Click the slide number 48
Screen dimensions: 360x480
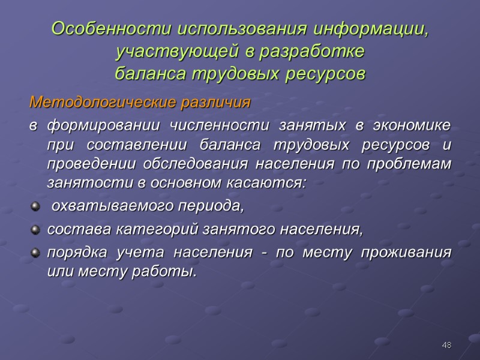tap(446, 346)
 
